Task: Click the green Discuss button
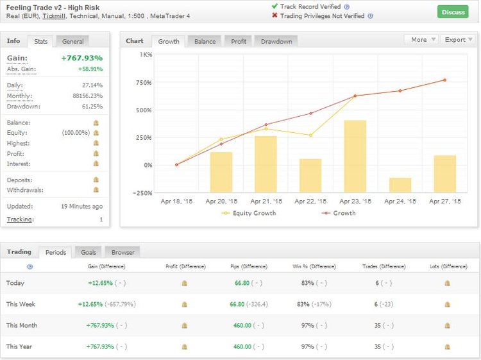point(453,12)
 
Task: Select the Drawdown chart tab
point(276,41)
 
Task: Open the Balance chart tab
point(205,41)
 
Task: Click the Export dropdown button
point(459,40)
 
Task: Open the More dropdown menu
point(422,40)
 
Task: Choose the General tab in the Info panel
point(72,41)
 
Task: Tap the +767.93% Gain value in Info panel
point(81,58)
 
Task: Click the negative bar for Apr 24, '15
point(400,185)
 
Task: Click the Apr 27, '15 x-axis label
point(444,201)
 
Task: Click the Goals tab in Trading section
point(87,252)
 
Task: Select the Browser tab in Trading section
point(122,252)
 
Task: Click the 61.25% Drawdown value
point(92,107)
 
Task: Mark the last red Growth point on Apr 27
point(444,80)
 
